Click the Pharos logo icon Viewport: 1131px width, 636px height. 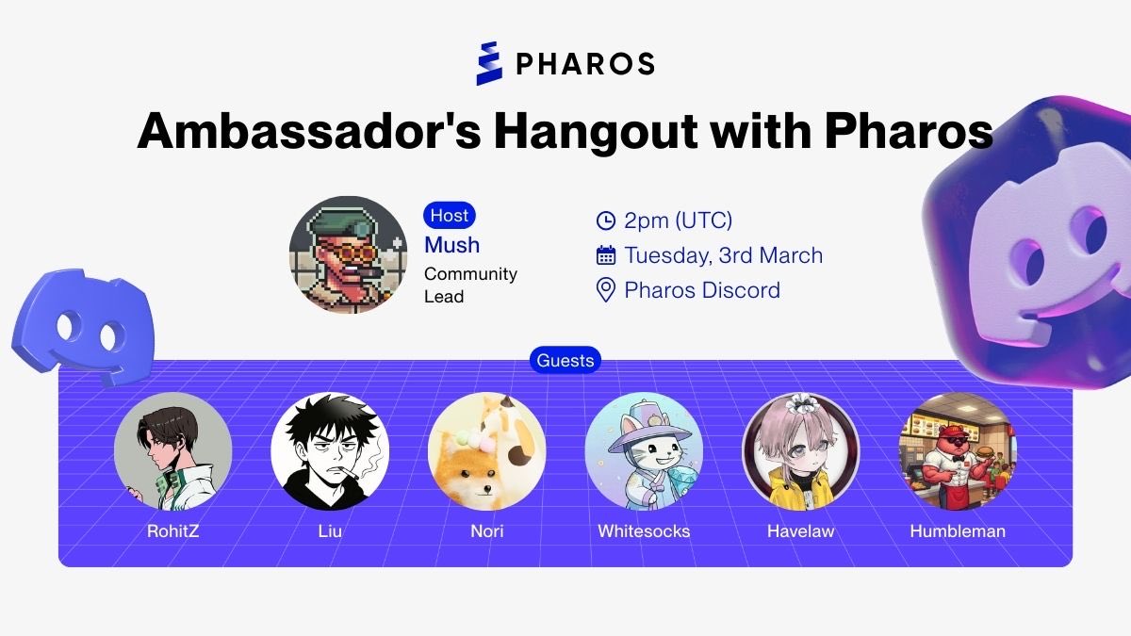click(490, 63)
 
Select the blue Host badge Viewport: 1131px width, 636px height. click(450, 215)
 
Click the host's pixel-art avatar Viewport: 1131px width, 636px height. click(348, 255)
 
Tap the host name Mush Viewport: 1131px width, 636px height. click(451, 245)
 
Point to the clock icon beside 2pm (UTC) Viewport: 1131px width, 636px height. click(606, 221)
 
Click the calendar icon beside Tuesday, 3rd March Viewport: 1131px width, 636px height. click(606, 255)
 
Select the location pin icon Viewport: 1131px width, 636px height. click(606, 290)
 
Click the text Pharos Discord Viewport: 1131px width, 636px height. click(702, 290)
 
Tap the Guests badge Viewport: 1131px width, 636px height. click(565, 360)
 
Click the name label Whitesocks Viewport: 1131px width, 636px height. click(644, 531)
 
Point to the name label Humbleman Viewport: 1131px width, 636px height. click(958, 531)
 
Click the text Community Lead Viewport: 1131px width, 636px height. click(470, 285)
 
